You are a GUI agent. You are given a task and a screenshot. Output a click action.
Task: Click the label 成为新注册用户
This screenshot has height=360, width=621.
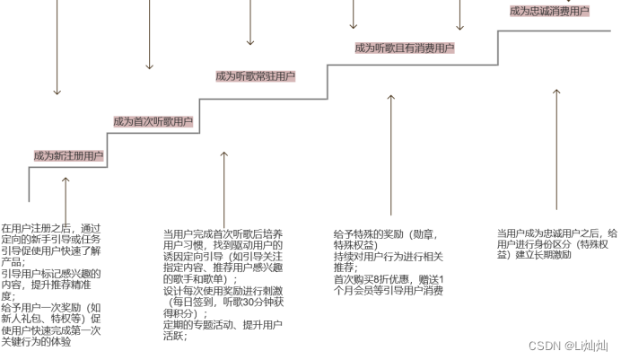click(x=68, y=156)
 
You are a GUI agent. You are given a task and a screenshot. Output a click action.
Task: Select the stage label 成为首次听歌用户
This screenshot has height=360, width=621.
click(x=153, y=121)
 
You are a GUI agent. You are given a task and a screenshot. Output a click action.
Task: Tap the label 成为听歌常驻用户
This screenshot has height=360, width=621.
click(x=256, y=76)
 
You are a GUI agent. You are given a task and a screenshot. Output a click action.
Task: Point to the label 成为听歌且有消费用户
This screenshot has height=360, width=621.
click(x=404, y=48)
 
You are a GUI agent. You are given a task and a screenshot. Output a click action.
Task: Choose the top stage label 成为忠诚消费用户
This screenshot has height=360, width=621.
click(x=549, y=11)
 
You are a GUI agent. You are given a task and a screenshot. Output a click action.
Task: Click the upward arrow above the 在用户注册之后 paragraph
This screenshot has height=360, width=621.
click(x=66, y=198)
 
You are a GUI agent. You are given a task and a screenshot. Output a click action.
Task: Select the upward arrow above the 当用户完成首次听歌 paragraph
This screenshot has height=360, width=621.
click(x=224, y=184)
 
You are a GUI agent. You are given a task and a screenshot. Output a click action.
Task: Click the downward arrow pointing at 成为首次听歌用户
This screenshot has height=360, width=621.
click(x=150, y=36)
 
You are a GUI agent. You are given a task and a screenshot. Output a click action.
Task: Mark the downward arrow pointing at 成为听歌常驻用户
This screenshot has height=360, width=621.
click(x=250, y=22)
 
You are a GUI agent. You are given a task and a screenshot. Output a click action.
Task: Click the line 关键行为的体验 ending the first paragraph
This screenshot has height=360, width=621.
click(x=37, y=340)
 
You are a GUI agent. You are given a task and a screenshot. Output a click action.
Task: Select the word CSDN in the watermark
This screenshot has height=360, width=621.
click(x=545, y=346)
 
